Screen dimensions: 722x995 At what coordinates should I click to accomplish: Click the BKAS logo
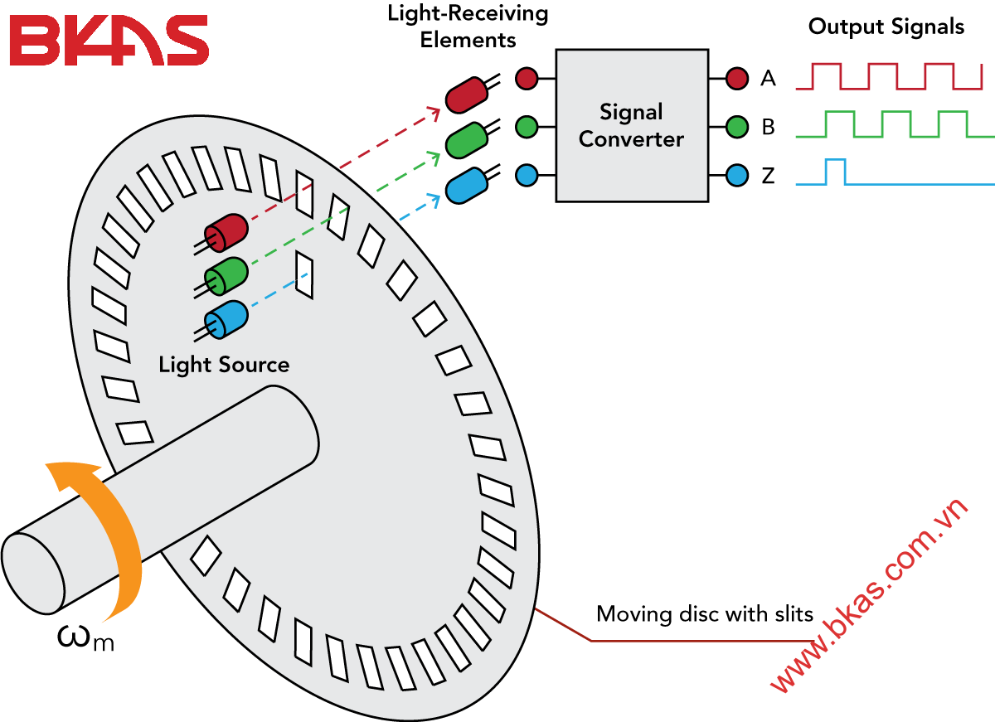[109, 40]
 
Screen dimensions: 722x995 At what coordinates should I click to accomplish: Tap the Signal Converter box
[632, 125]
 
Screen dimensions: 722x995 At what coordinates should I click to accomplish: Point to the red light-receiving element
[466, 94]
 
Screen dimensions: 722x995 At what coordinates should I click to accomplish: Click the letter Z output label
[768, 176]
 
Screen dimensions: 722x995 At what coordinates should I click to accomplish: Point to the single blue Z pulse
[835, 171]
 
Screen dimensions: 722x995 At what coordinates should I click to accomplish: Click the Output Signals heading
[886, 27]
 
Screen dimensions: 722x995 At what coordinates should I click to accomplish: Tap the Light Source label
[224, 365]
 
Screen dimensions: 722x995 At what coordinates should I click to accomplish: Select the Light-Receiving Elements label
[468, 27]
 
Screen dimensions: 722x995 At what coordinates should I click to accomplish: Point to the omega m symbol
[85, 638]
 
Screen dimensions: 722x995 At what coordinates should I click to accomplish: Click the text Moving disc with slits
[705, 615]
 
